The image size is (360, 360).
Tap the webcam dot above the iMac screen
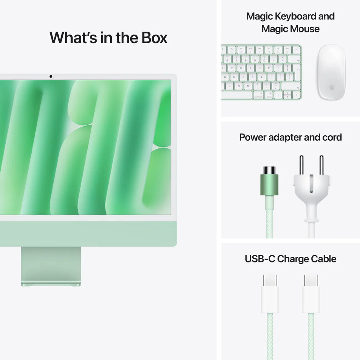51,76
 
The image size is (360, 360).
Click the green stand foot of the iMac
51,284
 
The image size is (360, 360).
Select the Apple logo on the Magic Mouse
331,87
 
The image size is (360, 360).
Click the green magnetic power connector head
269,184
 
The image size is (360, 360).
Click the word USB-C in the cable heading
260,259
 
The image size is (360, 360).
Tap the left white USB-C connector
270,293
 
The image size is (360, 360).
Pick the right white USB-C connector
311,293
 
